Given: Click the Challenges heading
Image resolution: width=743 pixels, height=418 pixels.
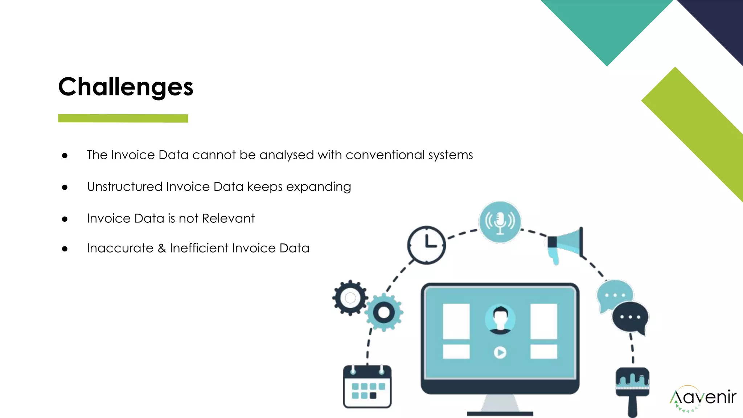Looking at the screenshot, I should point(126,87).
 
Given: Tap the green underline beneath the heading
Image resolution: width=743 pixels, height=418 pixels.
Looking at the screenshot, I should point(123,118).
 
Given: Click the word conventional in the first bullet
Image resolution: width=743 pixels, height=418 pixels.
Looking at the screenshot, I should point(385,155).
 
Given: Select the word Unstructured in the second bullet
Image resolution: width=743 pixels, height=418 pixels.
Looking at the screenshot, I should point(125,187).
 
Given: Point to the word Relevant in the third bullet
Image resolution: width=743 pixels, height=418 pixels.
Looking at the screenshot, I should point(228,218).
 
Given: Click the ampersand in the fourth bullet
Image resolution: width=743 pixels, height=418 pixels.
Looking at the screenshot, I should point(162,248).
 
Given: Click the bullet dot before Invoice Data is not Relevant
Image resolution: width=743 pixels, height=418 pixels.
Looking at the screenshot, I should point(65,219).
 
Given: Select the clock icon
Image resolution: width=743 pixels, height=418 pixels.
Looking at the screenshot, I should point(426,245).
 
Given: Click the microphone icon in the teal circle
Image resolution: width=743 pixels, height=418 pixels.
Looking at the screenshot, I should point(500,222).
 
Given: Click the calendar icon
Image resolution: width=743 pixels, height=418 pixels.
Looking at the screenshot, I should point(367,386).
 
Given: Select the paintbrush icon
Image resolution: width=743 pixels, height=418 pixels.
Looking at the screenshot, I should point(632,390).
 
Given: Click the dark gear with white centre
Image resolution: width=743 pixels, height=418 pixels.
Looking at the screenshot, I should point(350,298).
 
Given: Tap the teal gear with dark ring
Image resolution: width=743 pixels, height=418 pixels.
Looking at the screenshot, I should point(384,312).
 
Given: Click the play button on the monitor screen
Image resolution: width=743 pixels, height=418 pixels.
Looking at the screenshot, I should point(500,352).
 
